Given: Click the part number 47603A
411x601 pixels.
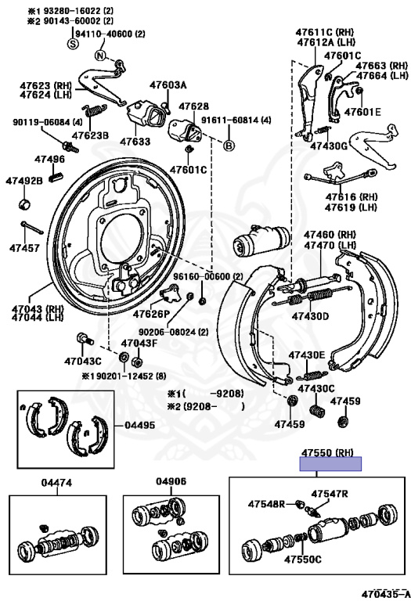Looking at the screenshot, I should (168, 85).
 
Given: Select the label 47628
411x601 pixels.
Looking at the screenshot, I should (193, 106).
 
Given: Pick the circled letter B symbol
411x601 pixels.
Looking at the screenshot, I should (229, 146).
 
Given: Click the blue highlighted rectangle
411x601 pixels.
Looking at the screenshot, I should (331, 464).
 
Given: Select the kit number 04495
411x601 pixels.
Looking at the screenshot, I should (140, 426).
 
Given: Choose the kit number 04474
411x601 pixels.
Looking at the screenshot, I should (57, 483).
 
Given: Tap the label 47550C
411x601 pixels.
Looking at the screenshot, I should (303, 560).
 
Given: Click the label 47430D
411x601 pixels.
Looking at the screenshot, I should (310, 316).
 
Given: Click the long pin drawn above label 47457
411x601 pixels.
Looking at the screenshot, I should (32, 229).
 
